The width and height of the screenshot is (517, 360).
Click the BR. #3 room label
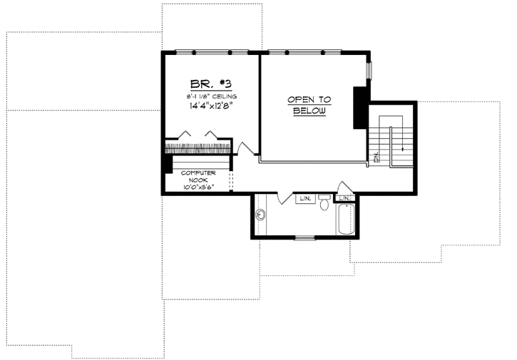pyautogui.click(x=206, y=82)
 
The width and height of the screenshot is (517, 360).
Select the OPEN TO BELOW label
pyautogui.click(x=307, y=106)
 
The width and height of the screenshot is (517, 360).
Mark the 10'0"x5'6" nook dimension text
pyautogui.click(x=198, y=187)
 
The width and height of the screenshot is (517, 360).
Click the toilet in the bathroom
pyautogui.click(x=324, y=205)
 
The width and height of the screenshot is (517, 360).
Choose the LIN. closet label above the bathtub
pyautogui.click(x=345, y=198)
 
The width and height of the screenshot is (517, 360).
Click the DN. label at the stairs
pyautogui.click(x=376, y=157)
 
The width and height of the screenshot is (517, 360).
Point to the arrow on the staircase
pyautogui.click(x=401, y=148)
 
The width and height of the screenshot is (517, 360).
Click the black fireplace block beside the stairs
pyautogui.click(x=360, y=108)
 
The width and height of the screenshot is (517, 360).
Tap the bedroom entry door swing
pyautogui.click(x=247, y=148)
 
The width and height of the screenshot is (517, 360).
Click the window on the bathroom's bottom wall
pyautogui.click(x=304, y=238)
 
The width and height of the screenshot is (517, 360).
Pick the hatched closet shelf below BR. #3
pyautogui.click(x=198, y=148)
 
